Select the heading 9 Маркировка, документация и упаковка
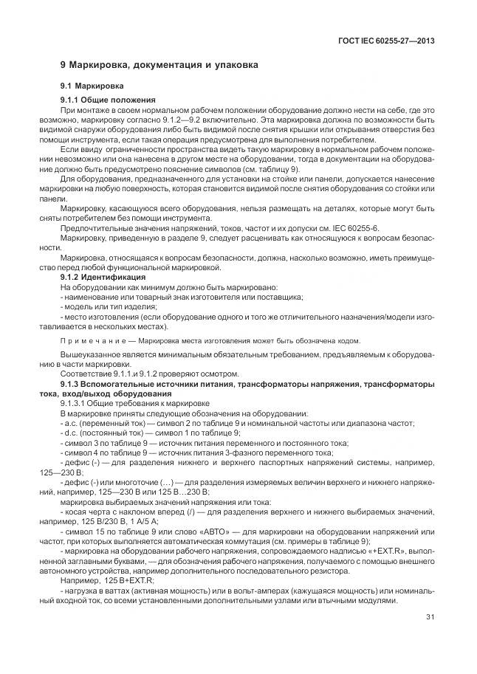click(159, 65)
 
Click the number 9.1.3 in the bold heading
click(72, 385)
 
